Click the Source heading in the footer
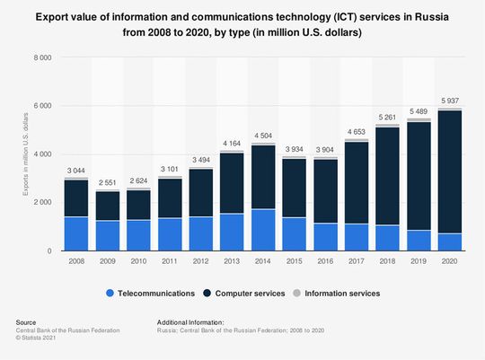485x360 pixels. point(27,320)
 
